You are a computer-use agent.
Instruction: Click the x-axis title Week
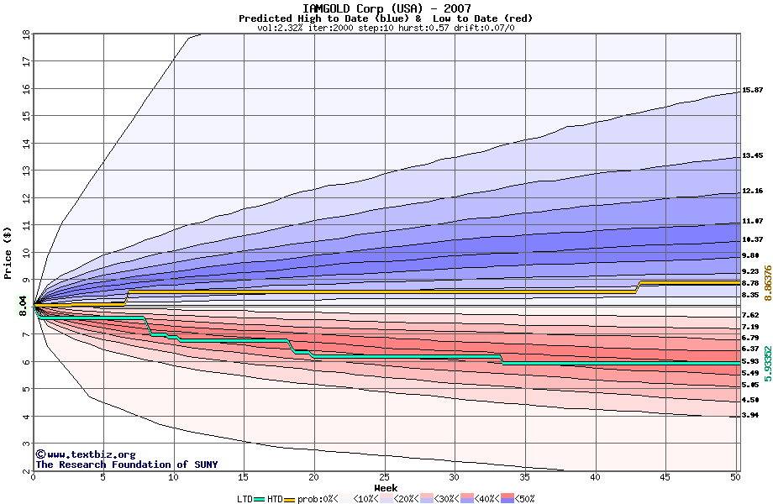(x=386, y=487)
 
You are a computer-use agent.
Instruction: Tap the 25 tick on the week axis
(x=384, y=477)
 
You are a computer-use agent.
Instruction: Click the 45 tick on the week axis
(x=665, y=477)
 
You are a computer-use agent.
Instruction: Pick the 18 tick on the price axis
(x=26, y=34)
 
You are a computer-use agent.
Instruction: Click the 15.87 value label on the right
(x=752, y=90)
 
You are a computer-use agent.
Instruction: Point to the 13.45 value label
(x=752, y=155)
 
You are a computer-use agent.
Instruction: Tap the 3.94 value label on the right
(x=750, y=416)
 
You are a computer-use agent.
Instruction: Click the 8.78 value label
(x=750, y=283)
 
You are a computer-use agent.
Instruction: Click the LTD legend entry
(x=245, y=498)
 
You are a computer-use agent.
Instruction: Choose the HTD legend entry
(x=276, y=498)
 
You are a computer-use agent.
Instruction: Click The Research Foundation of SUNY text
(x=126, y=465)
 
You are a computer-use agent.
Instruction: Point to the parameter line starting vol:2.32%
(x=386, y=28)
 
